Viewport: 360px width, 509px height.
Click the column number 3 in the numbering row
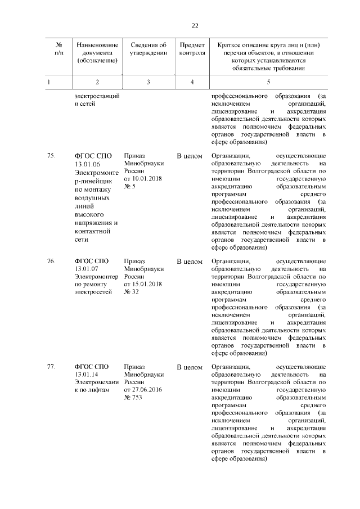coord(148,82)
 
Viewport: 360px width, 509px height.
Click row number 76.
coord(51,262)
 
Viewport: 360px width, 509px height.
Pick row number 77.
coord(51,367)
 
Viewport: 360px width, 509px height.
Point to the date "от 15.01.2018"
coord(143,284)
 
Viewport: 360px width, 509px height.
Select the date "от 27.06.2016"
coord(143,390)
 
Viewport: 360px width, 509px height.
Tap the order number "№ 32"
coord(132,292)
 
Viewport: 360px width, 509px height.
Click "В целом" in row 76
coord(190,262)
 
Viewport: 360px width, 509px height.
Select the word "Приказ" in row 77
coord(134,367)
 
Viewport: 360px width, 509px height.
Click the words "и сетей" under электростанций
coord(85,104)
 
